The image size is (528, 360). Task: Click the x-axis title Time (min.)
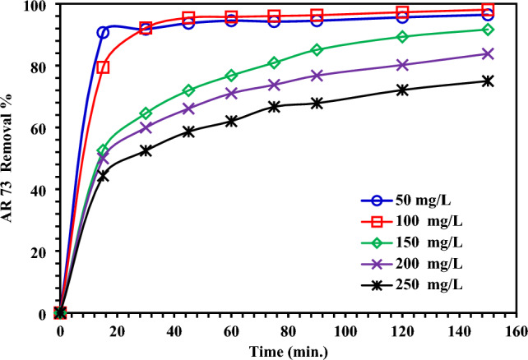tap(289, 350)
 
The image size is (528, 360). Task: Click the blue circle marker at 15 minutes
tap(103, 33)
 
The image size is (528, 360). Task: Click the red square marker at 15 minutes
tap(103, 67)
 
